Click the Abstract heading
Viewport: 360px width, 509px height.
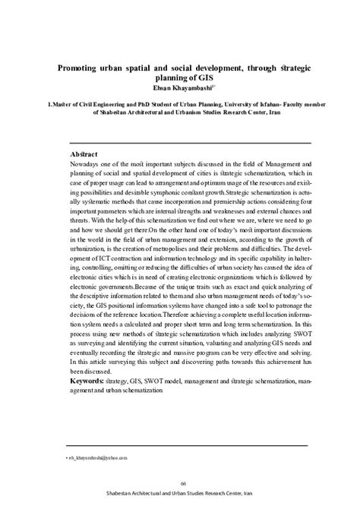(x=84, y=154)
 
